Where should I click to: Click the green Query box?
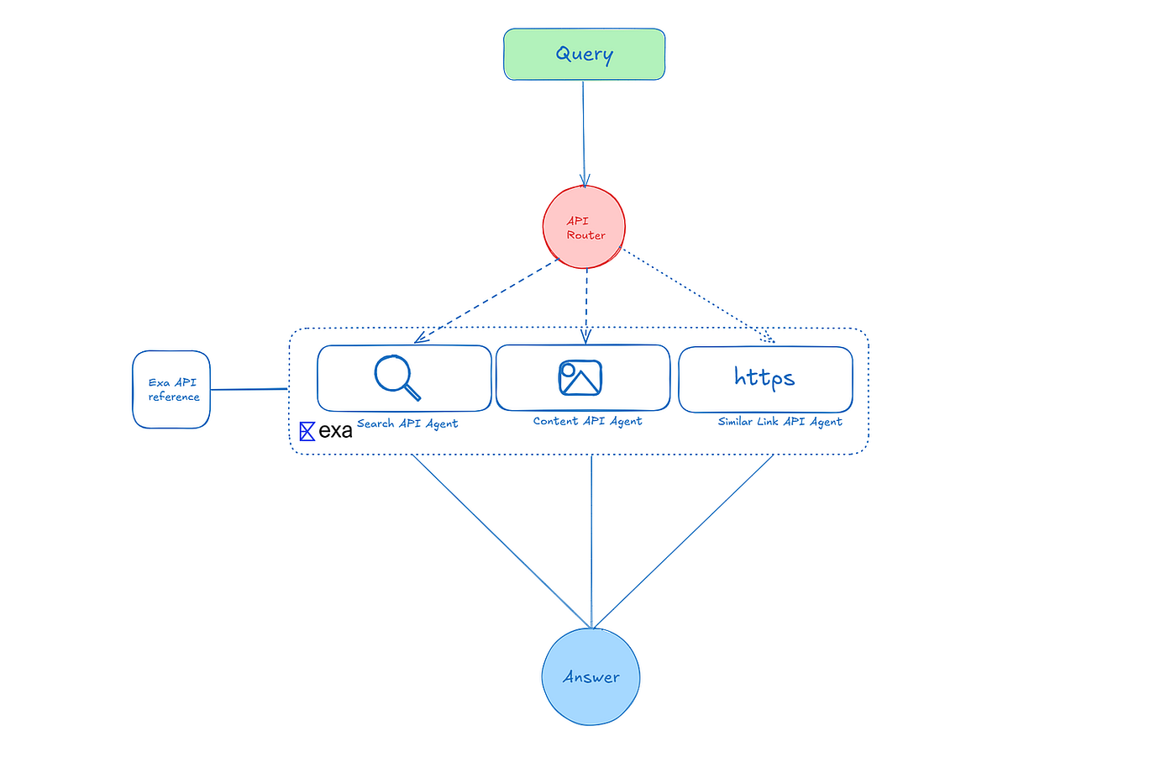tap(585, 54)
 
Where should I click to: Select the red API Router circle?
tap(584, 227)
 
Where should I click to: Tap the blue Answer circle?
tap(591, 676)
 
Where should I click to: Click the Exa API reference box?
tap(171, 389)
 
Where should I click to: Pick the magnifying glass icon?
tap(397, 377)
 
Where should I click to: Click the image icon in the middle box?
tap(580, 377)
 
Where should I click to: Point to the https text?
tap(764, 377)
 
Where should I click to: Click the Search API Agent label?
tap(407, 423)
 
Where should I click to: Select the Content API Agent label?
tap(587, 421)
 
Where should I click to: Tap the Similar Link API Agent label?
tap(780, 421)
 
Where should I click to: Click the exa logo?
tap(326, 431)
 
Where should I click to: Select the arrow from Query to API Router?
tap(584, 134)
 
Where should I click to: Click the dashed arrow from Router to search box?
tap(486, 301)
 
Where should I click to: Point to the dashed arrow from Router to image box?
tap(586, 306)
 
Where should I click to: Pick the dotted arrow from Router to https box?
tap(698, 295)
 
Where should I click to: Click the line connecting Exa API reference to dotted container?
tap(249, 389)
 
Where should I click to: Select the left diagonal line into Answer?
tap(501, 541)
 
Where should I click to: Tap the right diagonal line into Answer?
tap(683, 541)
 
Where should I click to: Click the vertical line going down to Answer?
tap(591, 541)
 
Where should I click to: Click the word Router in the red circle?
tap(586, 234)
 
